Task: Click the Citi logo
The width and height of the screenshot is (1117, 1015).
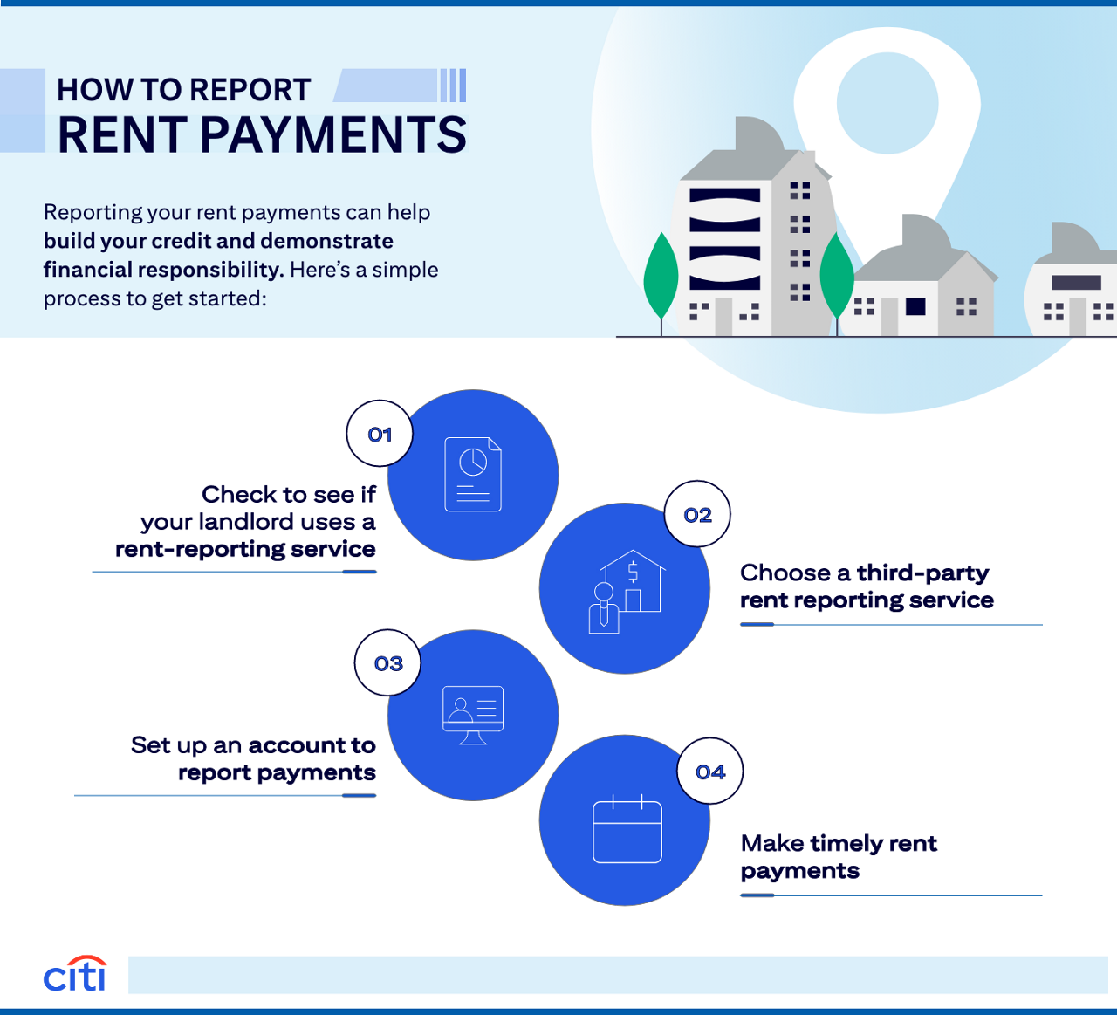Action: click(x=75, y=974)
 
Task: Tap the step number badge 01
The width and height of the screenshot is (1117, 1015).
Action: click(x=380, y=434)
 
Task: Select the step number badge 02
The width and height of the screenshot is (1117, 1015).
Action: click(x=697, y=515)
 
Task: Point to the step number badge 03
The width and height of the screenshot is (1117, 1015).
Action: click(x=388, y=663)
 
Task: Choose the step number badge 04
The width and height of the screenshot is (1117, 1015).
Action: click(x=710, y=772)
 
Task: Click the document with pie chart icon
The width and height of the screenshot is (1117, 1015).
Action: click(x=473, y=474)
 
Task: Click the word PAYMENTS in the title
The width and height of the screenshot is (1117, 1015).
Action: click(x=333, y=135)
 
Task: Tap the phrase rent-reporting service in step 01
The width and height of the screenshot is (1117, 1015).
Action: click(x=245, y=549)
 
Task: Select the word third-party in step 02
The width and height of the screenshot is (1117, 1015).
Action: click(x=922, y=573)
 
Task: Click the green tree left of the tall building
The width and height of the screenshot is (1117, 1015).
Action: click(x=661, y=278)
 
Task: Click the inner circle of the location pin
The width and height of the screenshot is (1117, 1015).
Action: click(x=887, y=103)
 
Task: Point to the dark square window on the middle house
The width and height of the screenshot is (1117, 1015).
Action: click(x=915, y=306)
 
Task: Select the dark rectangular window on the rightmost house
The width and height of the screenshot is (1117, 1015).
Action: click(x=1076, y=282)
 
